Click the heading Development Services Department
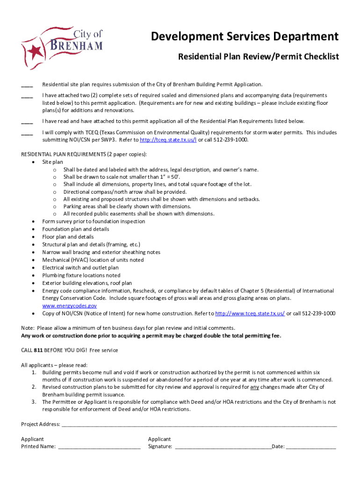pos(245,36)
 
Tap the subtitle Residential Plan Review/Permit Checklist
pos(258,57)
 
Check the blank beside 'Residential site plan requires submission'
pos(27,86)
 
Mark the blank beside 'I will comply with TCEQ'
pos(27,133)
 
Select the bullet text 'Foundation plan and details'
pos(76,229)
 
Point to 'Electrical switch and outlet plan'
pos(80,268)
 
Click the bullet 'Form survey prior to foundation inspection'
pos(94,221)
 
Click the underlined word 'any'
pos(254,387)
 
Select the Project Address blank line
pos(199,425)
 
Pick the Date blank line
pos(311,447)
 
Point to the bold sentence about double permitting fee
pos(151,336)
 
